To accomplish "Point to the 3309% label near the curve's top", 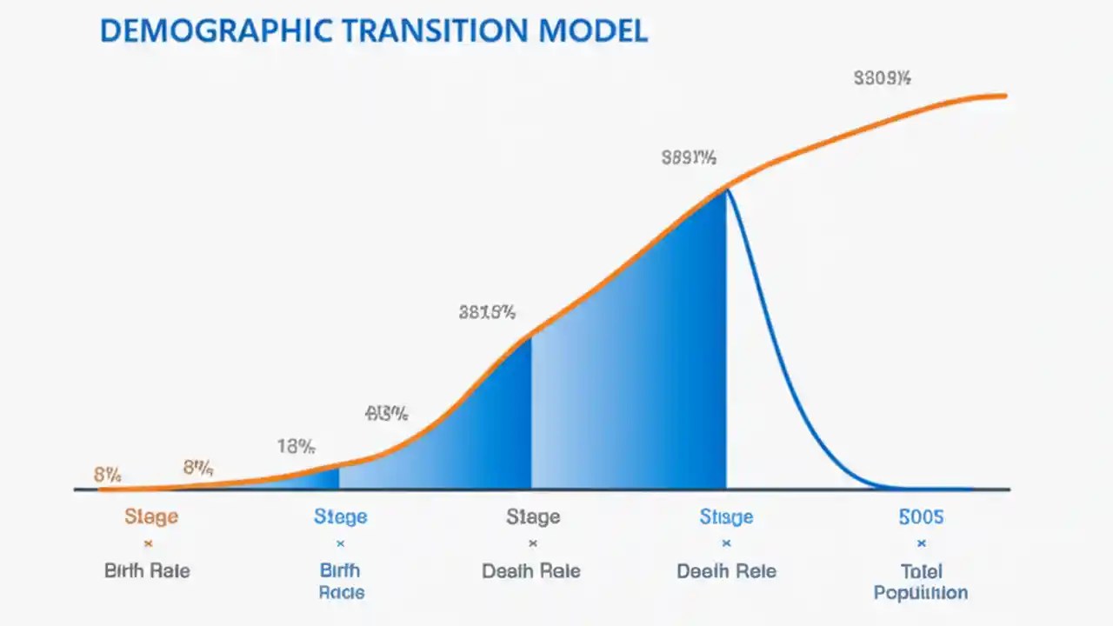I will tap(882, 79).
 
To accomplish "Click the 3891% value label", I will tap(689, 158).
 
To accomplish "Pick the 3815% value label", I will tap(487, 312).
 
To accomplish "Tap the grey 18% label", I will tap(296, 447).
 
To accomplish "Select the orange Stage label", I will tap(150, 516).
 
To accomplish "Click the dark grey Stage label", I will tap(532, 517).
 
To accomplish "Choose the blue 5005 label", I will tap(921, 517).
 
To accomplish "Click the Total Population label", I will tap(921, 583).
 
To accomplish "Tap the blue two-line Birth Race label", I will tap(340, 582).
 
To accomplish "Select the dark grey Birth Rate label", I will tap(147, 571).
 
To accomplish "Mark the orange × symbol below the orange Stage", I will tap(148, 544).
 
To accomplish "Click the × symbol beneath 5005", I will tap(921, 544).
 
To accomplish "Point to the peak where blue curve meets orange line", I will tap(726, 189).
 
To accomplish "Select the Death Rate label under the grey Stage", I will tap(531, 571).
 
